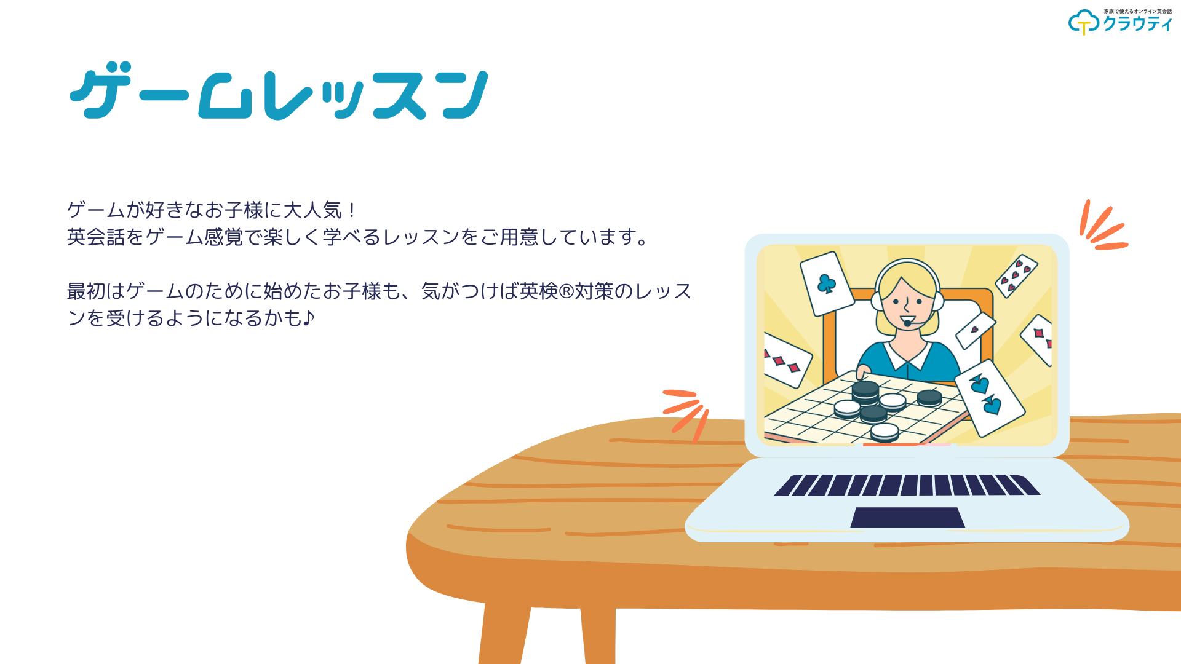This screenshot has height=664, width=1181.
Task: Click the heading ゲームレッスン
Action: coord(279,90)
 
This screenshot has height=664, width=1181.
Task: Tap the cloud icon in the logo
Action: coord(1083,22)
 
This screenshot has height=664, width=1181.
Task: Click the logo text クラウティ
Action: coord(1137,24)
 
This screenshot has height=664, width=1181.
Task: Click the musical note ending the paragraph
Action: coord(309,318)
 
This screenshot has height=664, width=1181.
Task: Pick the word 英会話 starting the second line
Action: coord(96,237)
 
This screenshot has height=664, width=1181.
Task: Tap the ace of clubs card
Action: coord(827,283)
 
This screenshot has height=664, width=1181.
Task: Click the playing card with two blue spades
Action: coord(989,397)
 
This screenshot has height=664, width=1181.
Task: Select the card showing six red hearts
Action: coord(1016,275)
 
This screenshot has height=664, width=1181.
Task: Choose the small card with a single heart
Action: coord(976,330)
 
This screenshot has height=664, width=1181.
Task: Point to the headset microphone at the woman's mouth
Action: coord(907,323)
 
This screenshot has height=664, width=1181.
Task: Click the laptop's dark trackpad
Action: coord(907,517)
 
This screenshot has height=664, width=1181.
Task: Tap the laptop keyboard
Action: coord(907,485)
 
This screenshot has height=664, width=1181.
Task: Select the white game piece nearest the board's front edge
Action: coord(885,432)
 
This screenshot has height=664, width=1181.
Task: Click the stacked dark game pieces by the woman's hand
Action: coord(865,392)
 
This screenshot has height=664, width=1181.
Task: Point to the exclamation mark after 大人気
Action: coord(352,210)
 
